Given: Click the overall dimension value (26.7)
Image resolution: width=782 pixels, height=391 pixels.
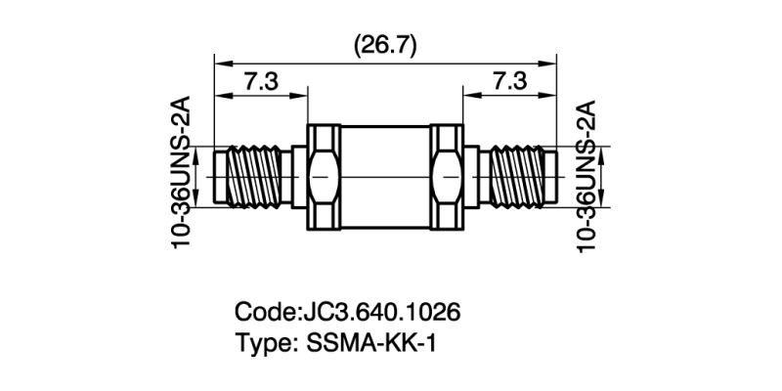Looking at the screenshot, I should tap(385, 44).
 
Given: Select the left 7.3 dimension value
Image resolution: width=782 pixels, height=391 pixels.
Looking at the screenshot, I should tap(260, 82).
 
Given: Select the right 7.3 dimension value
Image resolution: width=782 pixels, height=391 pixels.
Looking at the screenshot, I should tap(510, 82).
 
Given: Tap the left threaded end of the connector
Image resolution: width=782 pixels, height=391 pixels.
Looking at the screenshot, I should tap(252, 177).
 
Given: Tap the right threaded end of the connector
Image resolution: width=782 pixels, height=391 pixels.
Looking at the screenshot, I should tap(518, 177).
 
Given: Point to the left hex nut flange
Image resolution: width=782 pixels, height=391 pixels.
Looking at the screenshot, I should tap(324, 177).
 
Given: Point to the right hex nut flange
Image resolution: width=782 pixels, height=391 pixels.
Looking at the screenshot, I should tap(447, 177).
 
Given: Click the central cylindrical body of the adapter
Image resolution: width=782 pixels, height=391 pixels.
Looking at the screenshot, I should tap(385, 177).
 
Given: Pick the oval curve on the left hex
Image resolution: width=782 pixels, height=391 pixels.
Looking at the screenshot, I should tap(324, 177).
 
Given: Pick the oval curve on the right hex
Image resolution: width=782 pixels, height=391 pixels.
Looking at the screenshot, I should tap(447, 177).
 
